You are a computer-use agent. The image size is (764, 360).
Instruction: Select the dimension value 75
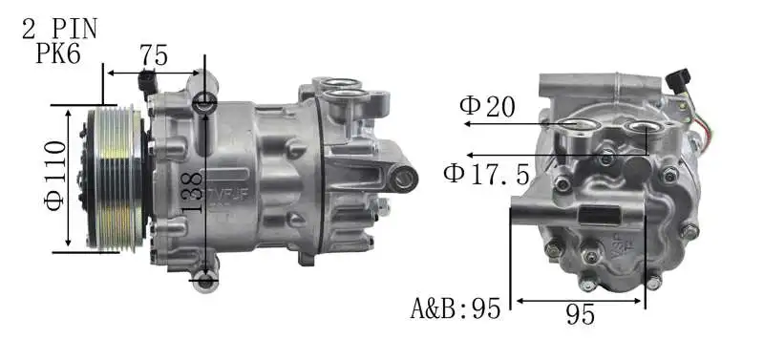pyautogui.click(x=154, y=56)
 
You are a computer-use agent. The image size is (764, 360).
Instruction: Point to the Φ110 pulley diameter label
pyautogui.click(x=55, y=177)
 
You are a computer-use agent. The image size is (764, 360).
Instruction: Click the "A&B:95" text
pyautogui.click(x=456, y=308)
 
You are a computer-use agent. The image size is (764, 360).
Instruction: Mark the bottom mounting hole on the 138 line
pyautogui.click(x=204, y=280)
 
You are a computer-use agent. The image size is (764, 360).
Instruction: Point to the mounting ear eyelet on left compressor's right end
pyautogui.click(x=405, y=177)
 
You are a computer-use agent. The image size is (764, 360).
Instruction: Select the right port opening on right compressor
pyautogui.click(x=643, y=127)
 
